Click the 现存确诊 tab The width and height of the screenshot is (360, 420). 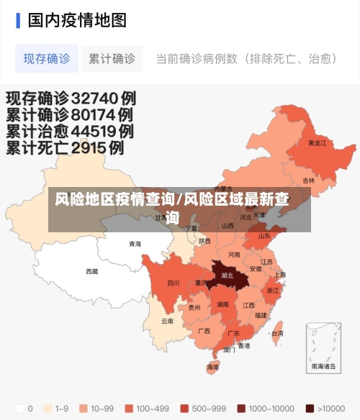(x=47, y=59)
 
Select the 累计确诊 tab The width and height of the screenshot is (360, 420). (x=112, y=59)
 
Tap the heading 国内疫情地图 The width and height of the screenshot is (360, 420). (x=77, y=19)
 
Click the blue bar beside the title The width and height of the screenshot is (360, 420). (x=18, y=19)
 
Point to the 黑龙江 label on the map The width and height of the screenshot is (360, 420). (x=317, y=143)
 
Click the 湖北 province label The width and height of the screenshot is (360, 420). (x=228, y=275)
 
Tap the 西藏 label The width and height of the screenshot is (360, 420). (x=92, y=271)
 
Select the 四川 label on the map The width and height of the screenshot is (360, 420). (x=173, y=283)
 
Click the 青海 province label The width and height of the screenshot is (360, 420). (x=135, y=244)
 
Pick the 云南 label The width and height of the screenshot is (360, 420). (x=167, y=321)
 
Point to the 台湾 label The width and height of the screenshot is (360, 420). (x=276, y=333)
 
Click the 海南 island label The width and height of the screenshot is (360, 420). (x=212, y=367)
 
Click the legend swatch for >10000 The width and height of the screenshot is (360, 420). (x=310, y=408)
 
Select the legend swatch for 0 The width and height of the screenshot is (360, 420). (x=19, y=408)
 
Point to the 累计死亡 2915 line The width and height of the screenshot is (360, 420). (x=65, y=148)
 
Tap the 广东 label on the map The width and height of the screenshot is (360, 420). (x=233, y=334)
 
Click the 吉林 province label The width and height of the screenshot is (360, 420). (x=308, y=181)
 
